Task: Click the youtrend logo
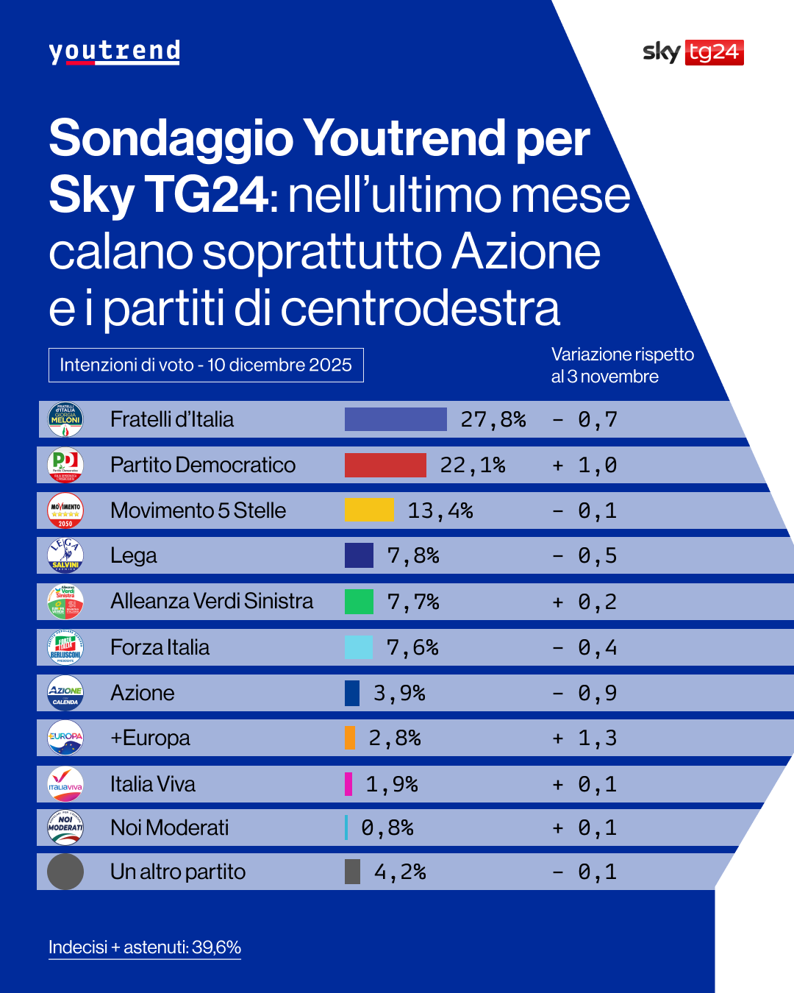pos(114,51)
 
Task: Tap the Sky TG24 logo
pos(693,52)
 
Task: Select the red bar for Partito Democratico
pos(385,465)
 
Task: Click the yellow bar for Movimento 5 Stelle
pos(369,510)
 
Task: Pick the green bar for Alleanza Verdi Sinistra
pos(359,602)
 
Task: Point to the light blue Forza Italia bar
pos(359,647)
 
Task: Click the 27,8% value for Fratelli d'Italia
pos(493,419)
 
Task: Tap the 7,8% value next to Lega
pos(412,556)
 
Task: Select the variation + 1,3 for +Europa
pos(585,738)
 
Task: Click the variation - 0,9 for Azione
pos(585,693)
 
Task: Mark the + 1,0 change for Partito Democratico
pos(585,465)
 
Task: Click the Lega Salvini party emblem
pos(65,555)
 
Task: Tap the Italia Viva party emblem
pos(65,784)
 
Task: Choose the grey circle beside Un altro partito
pos(65,872)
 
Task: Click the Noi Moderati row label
pos(170,827)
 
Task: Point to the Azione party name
pos(143,693)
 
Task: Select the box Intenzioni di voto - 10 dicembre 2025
pos(206,365)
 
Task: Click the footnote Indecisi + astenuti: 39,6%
pos(145,947)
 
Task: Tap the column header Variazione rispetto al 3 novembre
pos(622,366)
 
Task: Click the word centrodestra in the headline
pos(420,308)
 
